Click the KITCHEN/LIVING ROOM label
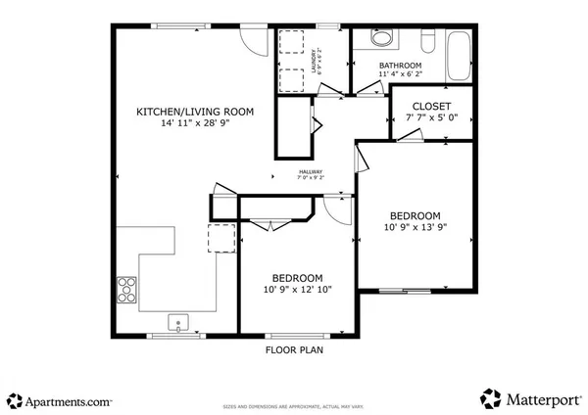tap(194, 113)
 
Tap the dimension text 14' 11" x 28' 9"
tap(194, 125)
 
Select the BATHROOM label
tap(402, 65)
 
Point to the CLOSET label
tap(430, 106)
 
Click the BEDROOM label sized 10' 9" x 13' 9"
tap(415, 215)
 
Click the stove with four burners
tap(127, 288)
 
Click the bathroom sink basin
tap(381, 39)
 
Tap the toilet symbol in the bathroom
tap(429, 41)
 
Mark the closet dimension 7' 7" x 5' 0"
tap(431, 119)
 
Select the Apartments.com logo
tap(61, 399)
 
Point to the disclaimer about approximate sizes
tap(295, 405)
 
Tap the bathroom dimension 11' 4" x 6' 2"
tap(402, 74)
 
